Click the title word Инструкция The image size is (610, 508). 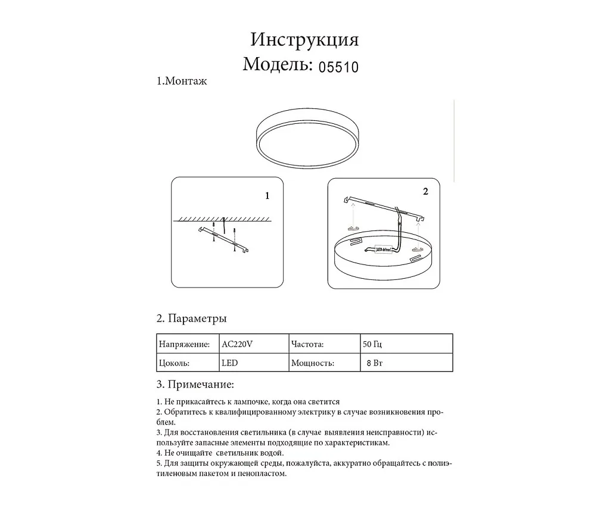[x=304, y=39]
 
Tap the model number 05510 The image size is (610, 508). [x=338, y=66]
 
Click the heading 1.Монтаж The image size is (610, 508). [x=182, y=82]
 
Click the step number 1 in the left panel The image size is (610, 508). [x=267, y=195]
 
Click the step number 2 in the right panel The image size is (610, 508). [x=425, y=192]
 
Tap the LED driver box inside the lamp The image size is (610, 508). [x=381, y=250]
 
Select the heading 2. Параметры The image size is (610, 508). [x=191, y=319]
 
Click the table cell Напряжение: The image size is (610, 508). [x=185, y=344]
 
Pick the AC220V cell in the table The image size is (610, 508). [x=237, y=344]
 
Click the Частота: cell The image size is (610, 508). [x=307, y=344]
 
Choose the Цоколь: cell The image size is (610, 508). [x=175, y=362]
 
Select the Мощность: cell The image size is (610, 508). [x=312, y=362]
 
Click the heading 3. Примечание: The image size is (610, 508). [x=195, y=384]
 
